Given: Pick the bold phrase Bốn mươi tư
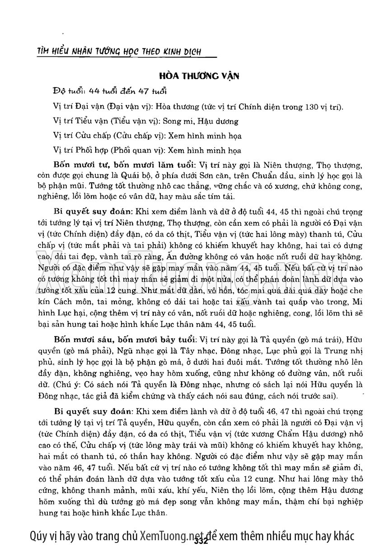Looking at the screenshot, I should point(83,164).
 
